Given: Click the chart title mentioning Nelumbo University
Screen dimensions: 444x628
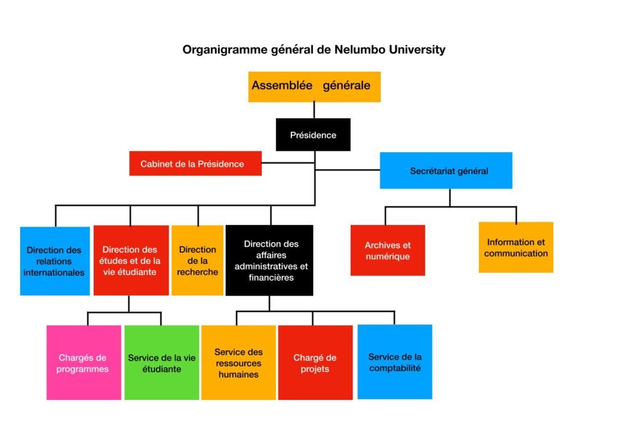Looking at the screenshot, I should [314, 50].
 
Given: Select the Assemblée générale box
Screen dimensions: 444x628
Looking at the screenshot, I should [314, 86].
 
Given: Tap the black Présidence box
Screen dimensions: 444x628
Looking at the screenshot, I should [313, 135].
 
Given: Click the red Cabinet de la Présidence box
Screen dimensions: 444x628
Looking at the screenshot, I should [195, 164].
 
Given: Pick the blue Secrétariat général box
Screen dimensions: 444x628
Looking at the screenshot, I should [446, 170].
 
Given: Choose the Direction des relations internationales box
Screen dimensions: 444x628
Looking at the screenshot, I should [55, 261].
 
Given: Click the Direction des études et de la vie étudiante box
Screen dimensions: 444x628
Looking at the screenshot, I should [131, 261].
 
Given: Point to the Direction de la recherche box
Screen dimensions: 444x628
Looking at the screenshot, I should [197, 261].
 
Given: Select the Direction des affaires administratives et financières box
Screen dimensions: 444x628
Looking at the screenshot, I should [270, 261].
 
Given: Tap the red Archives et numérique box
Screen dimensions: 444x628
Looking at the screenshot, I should [388, 250].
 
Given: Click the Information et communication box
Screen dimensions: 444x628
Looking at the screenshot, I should [516, 247].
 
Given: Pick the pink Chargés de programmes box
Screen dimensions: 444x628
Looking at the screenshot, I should [83, 362].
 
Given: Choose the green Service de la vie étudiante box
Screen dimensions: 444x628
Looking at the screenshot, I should [162, 362].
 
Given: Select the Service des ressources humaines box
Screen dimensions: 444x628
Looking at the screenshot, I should [239, 362].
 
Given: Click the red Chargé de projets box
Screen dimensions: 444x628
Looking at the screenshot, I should [315, 362].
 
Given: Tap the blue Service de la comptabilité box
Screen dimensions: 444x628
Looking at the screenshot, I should [395, 362].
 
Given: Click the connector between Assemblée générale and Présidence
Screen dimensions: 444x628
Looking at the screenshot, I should [314, 110].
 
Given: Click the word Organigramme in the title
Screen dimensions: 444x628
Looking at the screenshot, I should [224, 50].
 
